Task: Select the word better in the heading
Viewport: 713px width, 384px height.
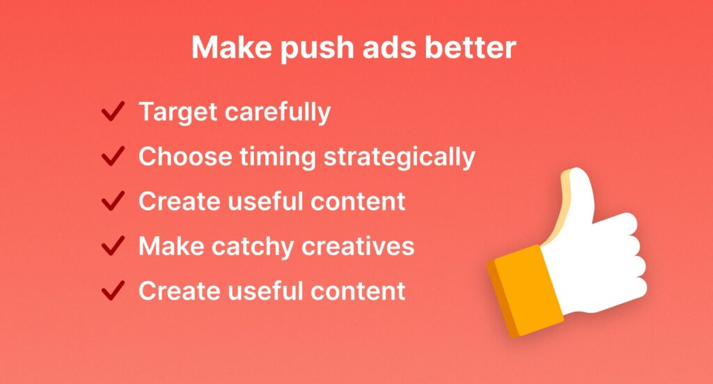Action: tap(471, 47)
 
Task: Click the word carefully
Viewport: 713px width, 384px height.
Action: tap(278, 112)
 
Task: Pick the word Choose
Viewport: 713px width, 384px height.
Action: tap(185, 156)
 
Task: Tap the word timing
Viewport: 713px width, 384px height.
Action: tap(277, 158)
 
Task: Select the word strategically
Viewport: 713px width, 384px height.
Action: tap(399, 158)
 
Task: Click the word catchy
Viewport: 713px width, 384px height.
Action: tap(253, 247)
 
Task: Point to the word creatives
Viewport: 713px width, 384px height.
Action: tap(358, 246)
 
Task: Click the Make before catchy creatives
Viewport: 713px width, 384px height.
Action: tap(171, 246)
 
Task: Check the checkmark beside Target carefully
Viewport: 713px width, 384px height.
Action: tap(113, 112)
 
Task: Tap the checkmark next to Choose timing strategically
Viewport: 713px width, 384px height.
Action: tap(113, 156)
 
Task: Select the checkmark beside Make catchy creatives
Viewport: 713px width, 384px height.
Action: tap(113, 246)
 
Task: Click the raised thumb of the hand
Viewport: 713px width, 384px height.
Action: tap(576, 200)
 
